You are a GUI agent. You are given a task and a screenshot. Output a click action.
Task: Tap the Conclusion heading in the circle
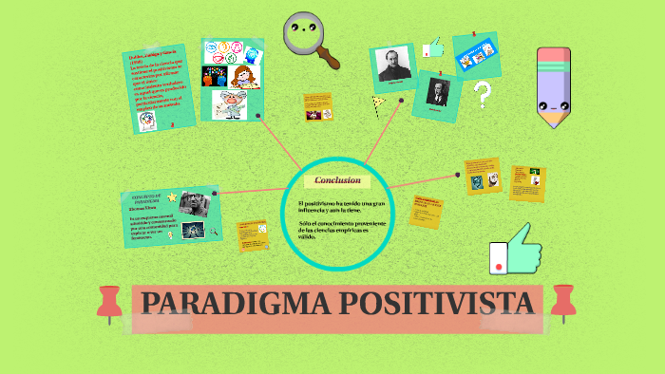(337, 180)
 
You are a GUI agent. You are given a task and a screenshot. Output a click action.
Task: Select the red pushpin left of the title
(111, 301)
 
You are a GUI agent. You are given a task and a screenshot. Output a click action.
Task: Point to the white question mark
(483, 93)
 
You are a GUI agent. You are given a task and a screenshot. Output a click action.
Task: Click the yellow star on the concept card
(171, 197)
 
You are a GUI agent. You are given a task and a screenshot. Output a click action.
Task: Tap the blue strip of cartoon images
(476, 55)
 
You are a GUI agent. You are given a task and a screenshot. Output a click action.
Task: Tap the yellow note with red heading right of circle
(429, 211)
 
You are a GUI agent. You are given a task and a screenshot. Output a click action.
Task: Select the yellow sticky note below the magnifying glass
(317, 106)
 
